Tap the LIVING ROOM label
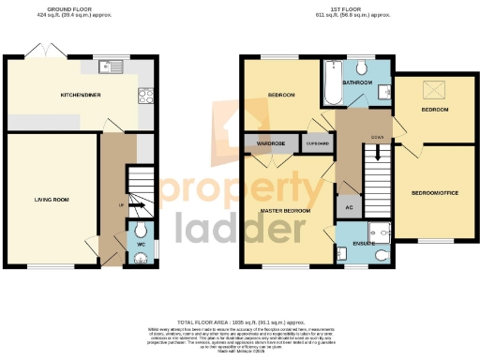[x=52, y=199]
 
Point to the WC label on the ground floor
[x=141, y=245]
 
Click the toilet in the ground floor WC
[x=141, y=232]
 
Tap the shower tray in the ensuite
[x=380, y=232]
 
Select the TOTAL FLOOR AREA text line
[x=240, y=321]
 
